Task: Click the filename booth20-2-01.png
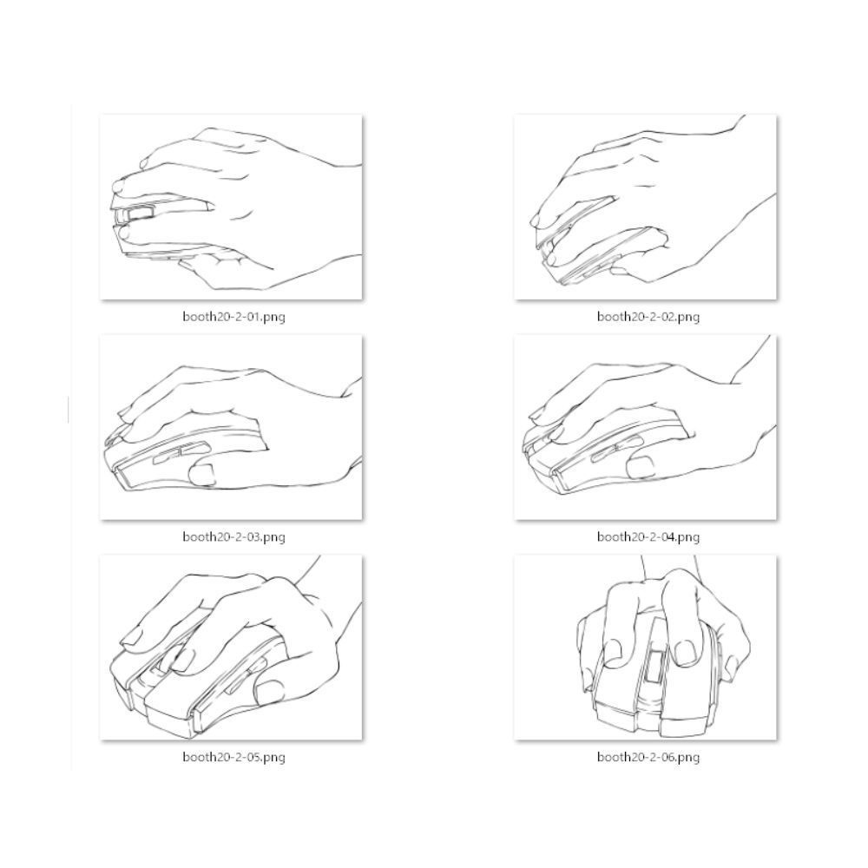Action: (233, 317)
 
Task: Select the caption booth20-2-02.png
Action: (648, 317)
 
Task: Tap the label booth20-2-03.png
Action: (233, 536)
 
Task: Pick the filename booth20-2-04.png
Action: (648, 536)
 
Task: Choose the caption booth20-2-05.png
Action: (233, 756)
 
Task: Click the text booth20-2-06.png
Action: (648, 756)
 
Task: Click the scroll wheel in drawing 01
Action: (138, 214)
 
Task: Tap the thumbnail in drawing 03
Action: (201, 475)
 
